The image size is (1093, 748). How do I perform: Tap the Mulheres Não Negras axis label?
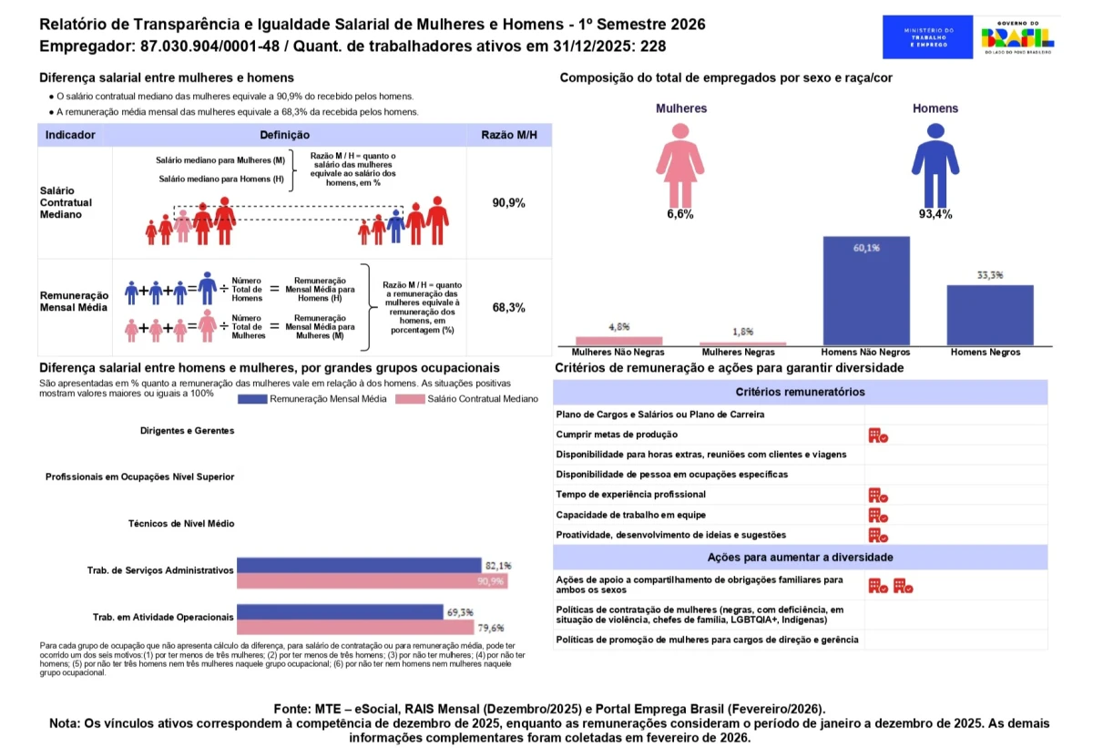pyautogui.click(x=618, y=352)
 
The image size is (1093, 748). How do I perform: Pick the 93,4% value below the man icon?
pyautogui.click(x=935, y=215)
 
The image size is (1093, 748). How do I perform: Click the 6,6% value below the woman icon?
pyautogui.click(x=680, y=215)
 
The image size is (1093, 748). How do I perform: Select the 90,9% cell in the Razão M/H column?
pyautogui.click(x=508, y=203)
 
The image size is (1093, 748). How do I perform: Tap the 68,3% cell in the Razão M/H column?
pyautogui.click(x=508, y=308)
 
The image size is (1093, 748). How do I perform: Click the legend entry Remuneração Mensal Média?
pyautogui.click(x=320, y=399)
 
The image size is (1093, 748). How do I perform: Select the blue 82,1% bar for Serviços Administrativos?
pyautogui.click(x=359, y=565)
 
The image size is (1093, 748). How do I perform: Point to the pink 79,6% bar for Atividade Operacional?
pyautogui.click(x=355, y=628)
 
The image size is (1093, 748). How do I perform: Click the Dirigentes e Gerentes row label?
pyautogui.click(x=187, y=431)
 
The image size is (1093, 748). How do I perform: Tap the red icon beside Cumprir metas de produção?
pyautogui.click(x=877, y=435)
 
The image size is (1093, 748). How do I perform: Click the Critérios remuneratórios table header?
pyautogui.click(x=801, y=392)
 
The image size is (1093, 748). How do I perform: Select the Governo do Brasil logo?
pyautogui.click(x=1017, y=37)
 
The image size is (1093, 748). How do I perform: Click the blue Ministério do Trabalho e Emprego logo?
pyautogui.click(x=928, y=37)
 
